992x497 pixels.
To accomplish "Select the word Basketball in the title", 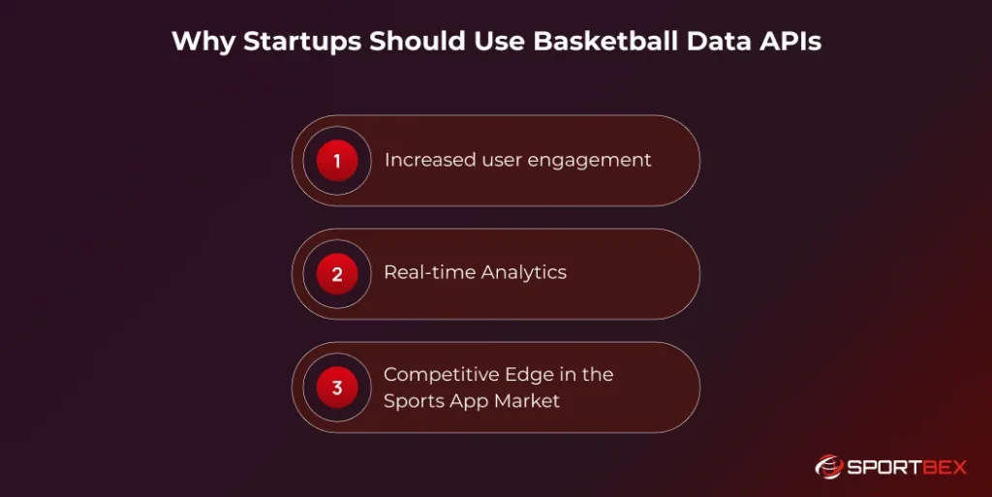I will (576, 43).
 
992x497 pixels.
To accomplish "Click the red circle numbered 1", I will (337, 161).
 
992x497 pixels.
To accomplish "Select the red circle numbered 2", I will (337, 274).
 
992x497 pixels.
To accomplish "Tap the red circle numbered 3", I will (337, 388).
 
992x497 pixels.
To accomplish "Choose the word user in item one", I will (504, 161).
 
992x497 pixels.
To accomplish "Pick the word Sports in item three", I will (414, 401).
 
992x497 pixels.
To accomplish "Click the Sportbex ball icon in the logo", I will (829, 467).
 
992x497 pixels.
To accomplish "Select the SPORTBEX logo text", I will (907, 467).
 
